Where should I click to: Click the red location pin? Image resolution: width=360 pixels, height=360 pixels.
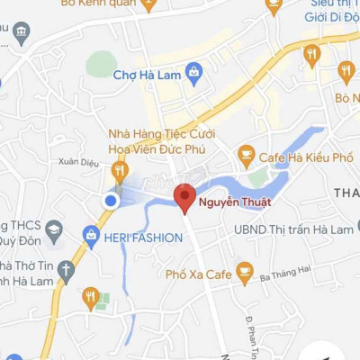tap(184, 197)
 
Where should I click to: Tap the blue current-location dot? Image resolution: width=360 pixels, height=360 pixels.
tap(111, 201)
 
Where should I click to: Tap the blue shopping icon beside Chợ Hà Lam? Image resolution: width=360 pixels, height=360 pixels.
tap(193, 71)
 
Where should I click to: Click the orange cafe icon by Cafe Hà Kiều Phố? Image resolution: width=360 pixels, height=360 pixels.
tap(246, 157)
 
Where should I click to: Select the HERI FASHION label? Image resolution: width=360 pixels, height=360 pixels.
tap(144, 238)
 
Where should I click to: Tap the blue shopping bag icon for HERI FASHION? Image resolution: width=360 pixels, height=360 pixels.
tap(90, 236)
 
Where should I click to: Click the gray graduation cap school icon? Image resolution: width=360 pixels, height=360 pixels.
tap(55, 229)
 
